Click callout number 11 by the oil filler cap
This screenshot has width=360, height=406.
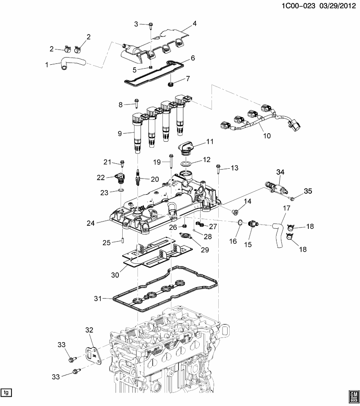click(210, 141)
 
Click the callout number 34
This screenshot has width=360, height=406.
click(280, 172)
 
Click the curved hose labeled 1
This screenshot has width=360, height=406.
click(72, 62)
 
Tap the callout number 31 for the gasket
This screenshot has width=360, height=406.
click(98, 299)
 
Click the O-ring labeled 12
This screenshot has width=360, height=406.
click(185, 164)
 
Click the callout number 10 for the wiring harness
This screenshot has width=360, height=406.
click(267, 136)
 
